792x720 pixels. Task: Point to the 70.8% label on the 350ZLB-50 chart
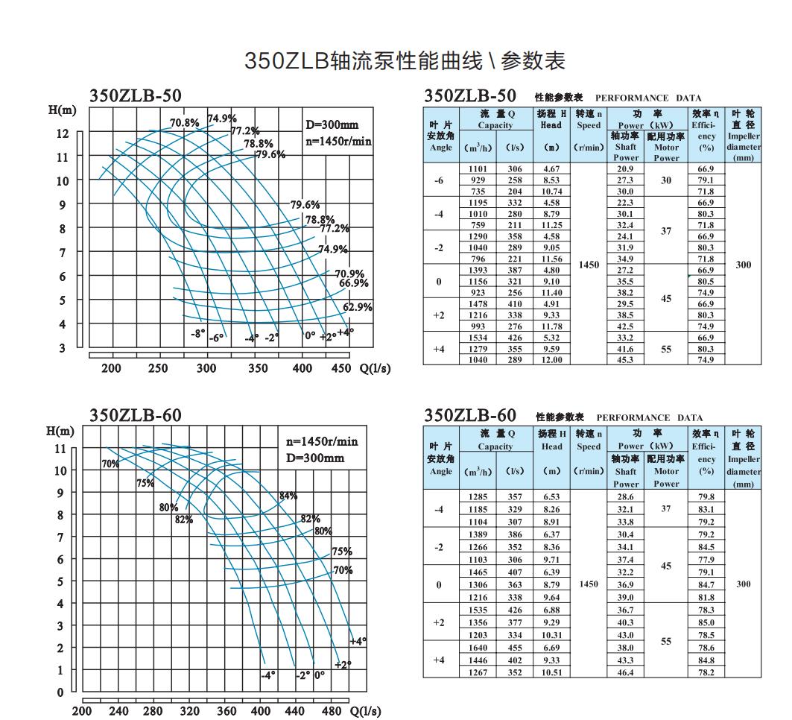pos(185,123)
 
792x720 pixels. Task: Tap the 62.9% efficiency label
pos(358,307)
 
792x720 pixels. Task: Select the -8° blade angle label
pos(197,335)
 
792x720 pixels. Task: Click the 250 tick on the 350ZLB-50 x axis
pos(159,368)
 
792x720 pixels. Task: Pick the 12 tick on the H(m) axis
pos(63,133)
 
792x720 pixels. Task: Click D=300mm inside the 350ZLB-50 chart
pos(332,124)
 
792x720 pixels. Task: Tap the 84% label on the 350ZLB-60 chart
pos(288,496)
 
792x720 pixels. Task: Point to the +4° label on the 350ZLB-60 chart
pos(358,641)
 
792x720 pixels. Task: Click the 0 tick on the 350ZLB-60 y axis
pos(61,692)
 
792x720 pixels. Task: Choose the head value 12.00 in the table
pos(551,360)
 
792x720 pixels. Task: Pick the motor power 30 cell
pos(666,180)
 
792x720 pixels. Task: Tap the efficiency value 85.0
pos(706,622)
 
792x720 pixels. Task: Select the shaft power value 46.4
pos(626,672)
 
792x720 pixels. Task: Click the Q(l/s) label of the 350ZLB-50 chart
pos(375,368)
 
